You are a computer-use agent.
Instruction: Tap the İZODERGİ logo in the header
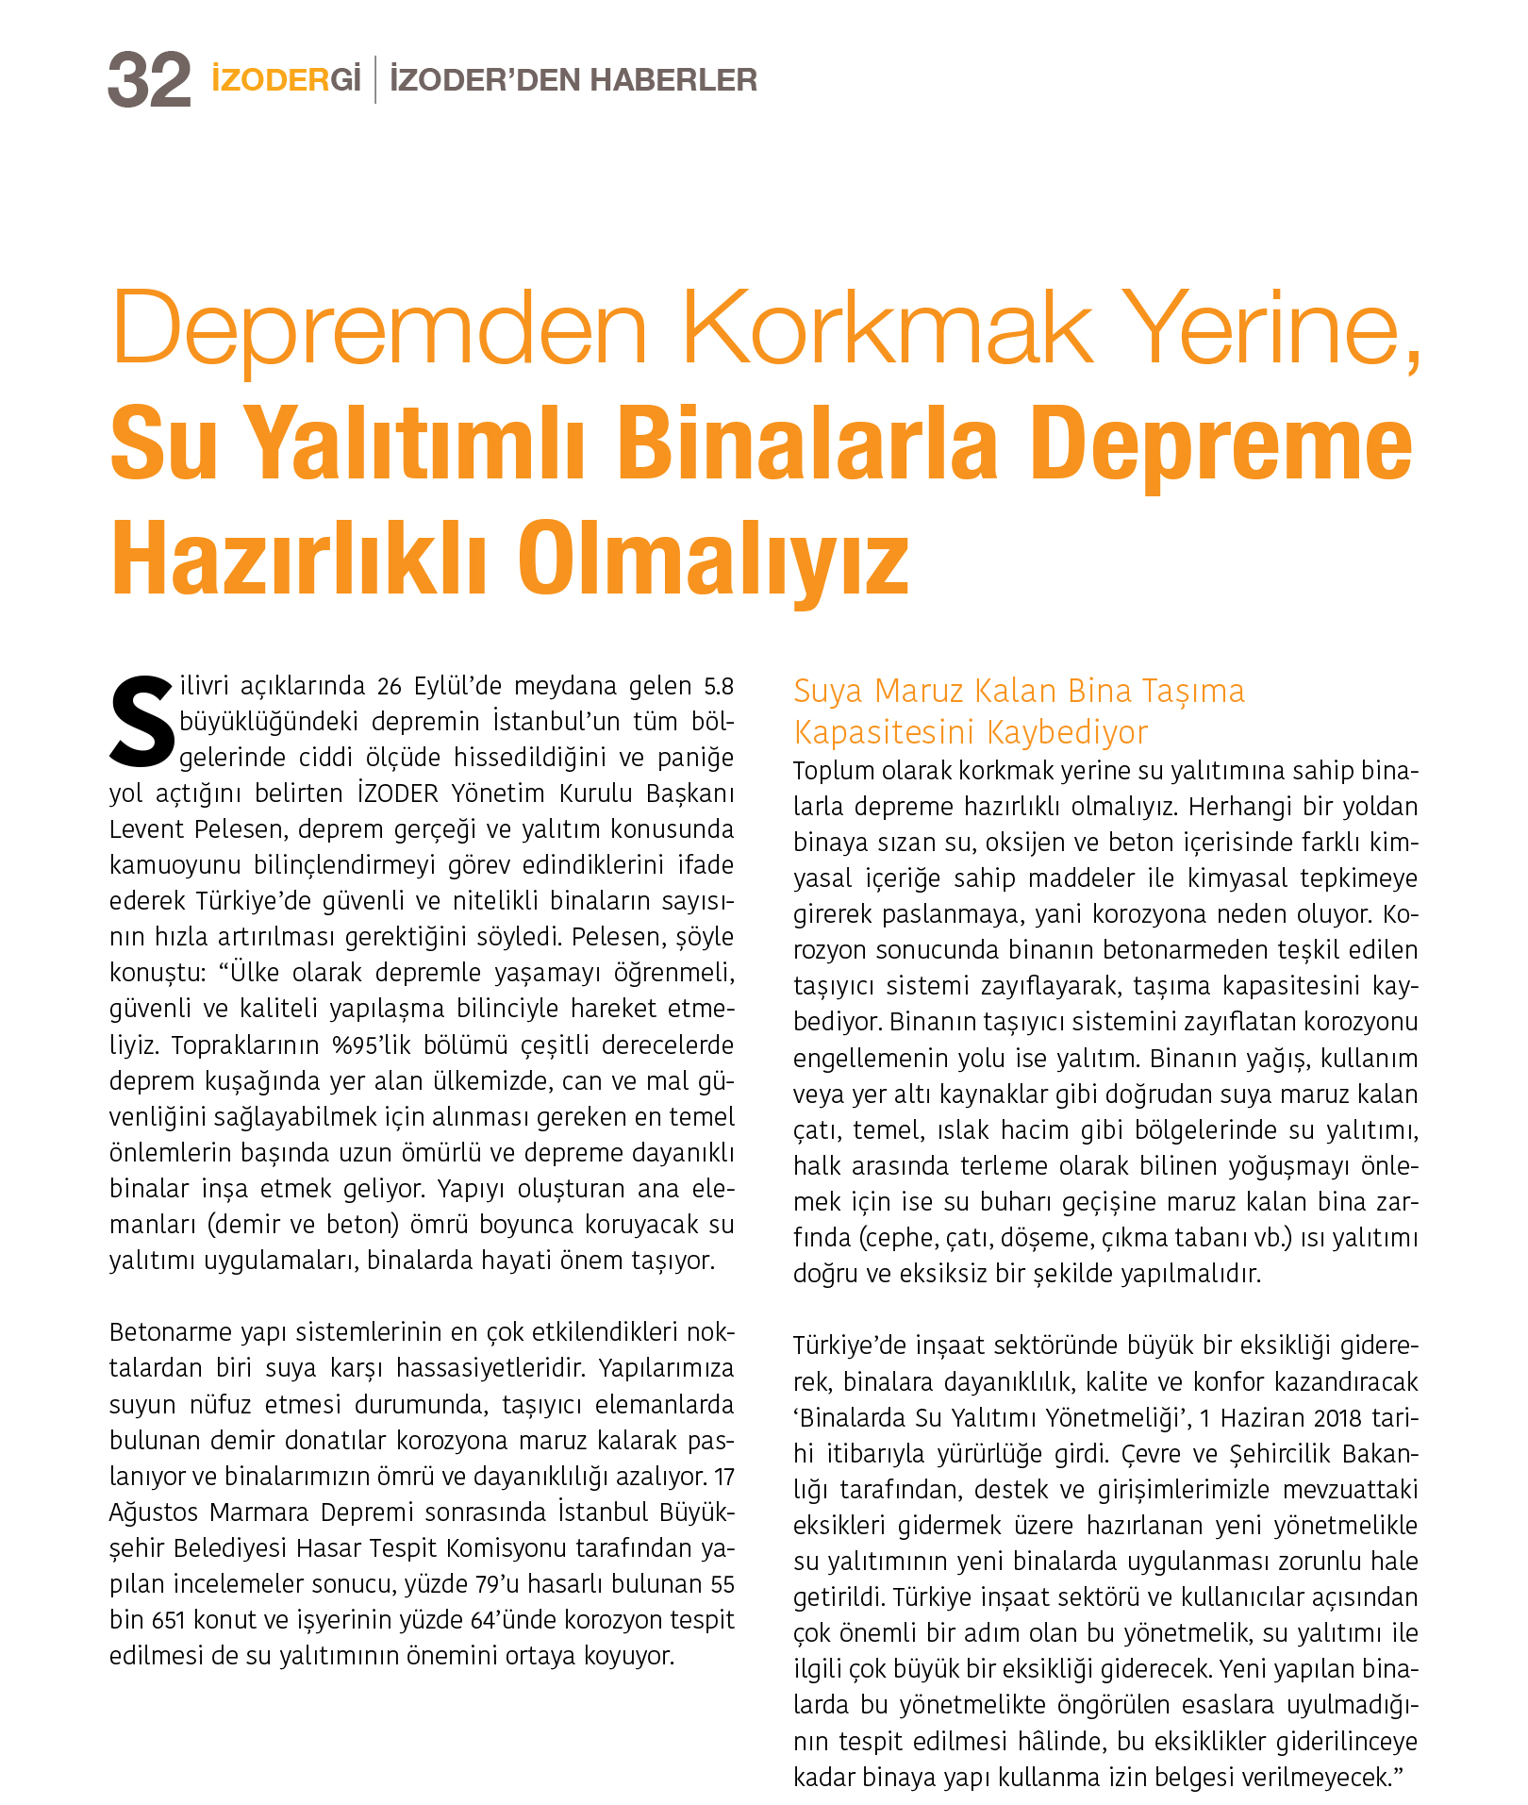coord(286,80)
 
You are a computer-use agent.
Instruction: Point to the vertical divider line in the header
coord(375,80)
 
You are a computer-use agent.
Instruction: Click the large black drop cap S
coord(142,719)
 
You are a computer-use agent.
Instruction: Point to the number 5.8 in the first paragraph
coord(718,686)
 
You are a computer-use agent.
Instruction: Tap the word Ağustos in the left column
coord(154,1513)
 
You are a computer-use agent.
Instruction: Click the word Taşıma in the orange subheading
coord(1193,692)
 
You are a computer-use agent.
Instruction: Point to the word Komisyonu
coord(507,1548)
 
